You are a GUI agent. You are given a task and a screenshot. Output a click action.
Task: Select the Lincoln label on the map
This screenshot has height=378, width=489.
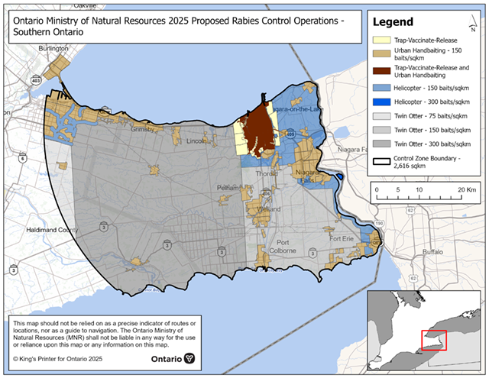click(x=196, y=141)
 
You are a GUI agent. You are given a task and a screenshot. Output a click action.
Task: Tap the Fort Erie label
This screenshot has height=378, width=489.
click(x=343, y=238)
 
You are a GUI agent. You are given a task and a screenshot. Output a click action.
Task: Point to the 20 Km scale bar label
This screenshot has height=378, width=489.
click(x=467, y=188)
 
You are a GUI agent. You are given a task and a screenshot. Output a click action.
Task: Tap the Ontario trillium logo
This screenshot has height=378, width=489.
click(x=189, y=358)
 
